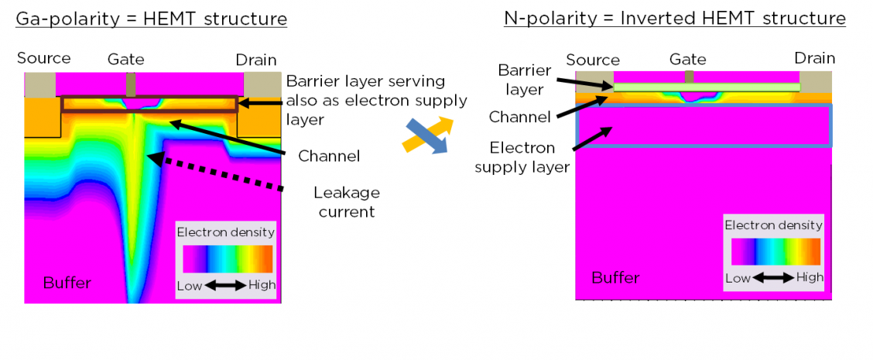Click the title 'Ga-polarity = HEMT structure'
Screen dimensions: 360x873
(x=151, y=19)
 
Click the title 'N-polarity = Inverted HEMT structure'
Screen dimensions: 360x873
(x=674, y=19)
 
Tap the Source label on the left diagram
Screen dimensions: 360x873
(x=43, y=58)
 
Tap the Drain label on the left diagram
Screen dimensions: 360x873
(x=257, y=59)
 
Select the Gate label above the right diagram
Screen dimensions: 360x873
(x=688, y=60)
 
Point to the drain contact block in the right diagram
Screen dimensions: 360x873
(x=815, y=82)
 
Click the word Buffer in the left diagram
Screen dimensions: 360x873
(x=67, y=283)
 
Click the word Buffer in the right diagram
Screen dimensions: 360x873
(x=615, y=277)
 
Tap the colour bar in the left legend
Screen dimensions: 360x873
(x=228, y=259)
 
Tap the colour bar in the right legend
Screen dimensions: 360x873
(x=775, y=252)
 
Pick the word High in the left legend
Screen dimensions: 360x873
(x=262, y=286)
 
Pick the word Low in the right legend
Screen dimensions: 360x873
(x=738, y=278)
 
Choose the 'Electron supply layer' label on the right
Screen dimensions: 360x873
(x=522, y=156)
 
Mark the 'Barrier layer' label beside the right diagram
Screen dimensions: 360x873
(x=525, y=80)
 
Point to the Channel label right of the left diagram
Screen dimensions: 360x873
(x=329, y=156)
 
